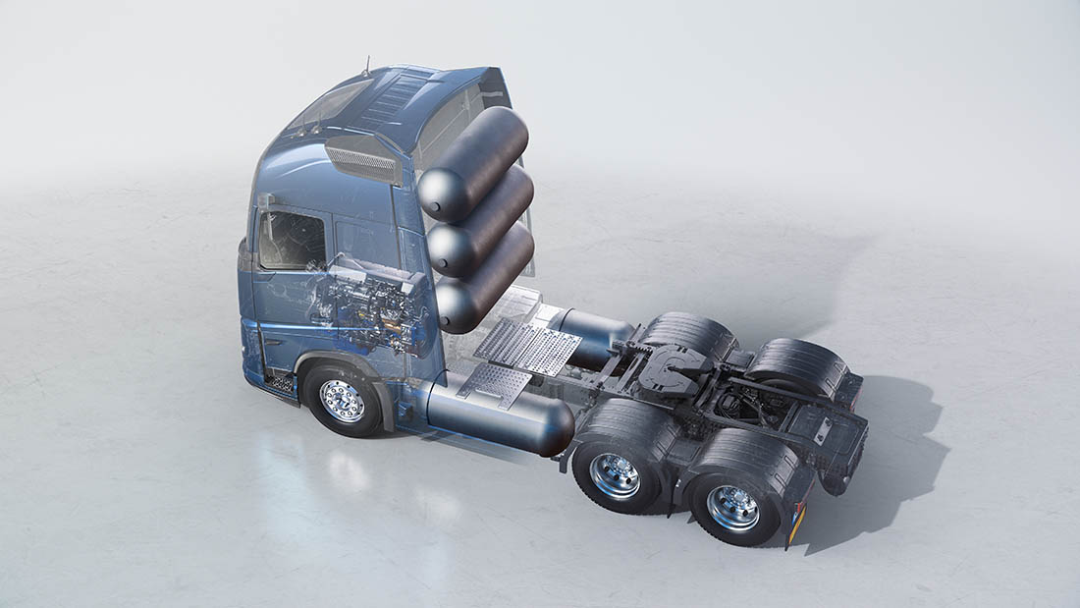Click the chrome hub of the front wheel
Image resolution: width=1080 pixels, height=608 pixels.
(x=342, y=400)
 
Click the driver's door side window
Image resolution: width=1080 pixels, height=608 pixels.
(x=292, y=241)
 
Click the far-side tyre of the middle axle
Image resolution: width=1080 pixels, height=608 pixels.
(x=687, y=334)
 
